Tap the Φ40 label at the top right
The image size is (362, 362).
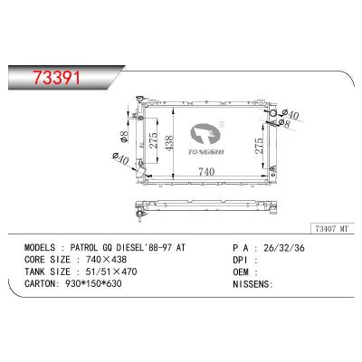click(292, 113)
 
